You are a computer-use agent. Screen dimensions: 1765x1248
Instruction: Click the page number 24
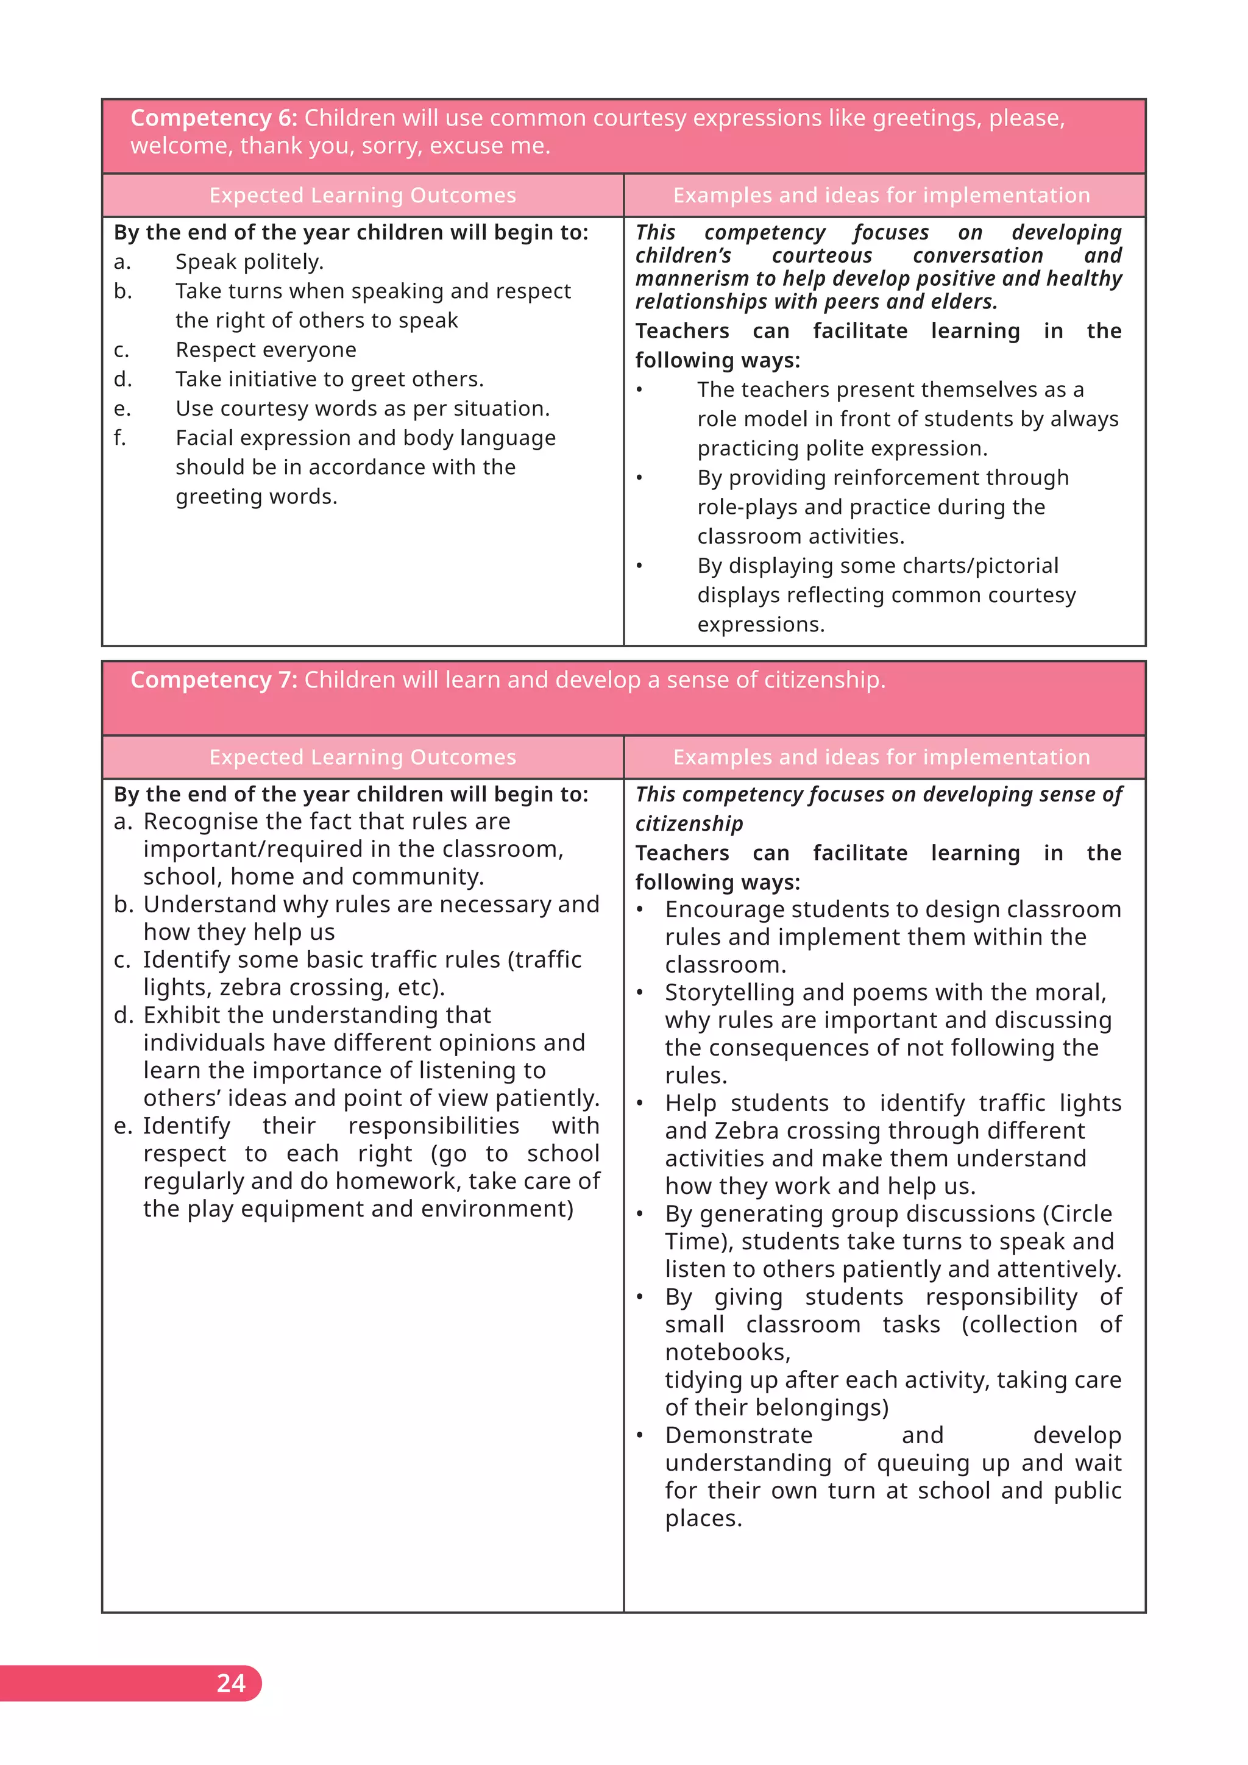coord(230,1683)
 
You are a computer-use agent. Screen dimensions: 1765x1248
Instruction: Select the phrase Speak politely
coord(249,262)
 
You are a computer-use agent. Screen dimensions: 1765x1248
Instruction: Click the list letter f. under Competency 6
coord(120,438)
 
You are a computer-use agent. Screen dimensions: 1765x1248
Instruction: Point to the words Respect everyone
coord(266,350)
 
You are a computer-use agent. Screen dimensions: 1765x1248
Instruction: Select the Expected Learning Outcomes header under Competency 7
coord(362,757)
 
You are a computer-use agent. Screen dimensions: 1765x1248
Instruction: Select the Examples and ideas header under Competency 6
coord(881,195)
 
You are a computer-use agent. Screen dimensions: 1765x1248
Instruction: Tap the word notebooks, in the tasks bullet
coord(728,1352)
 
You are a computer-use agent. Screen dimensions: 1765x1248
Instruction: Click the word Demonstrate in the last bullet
coord(739,1435)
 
